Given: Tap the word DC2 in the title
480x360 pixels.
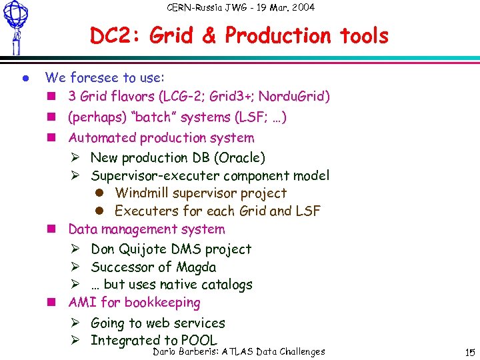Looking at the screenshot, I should (x=114, y=36).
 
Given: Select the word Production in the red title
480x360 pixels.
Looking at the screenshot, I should (x=279, y=36).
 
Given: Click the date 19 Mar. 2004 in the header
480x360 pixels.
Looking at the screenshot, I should (x=279, y=7).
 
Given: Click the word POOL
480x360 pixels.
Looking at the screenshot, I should (x=199, y=340).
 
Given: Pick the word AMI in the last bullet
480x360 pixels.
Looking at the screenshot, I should (x=83, y=303).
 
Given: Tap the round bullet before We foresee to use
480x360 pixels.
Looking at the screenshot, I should (x=23, y=78).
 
